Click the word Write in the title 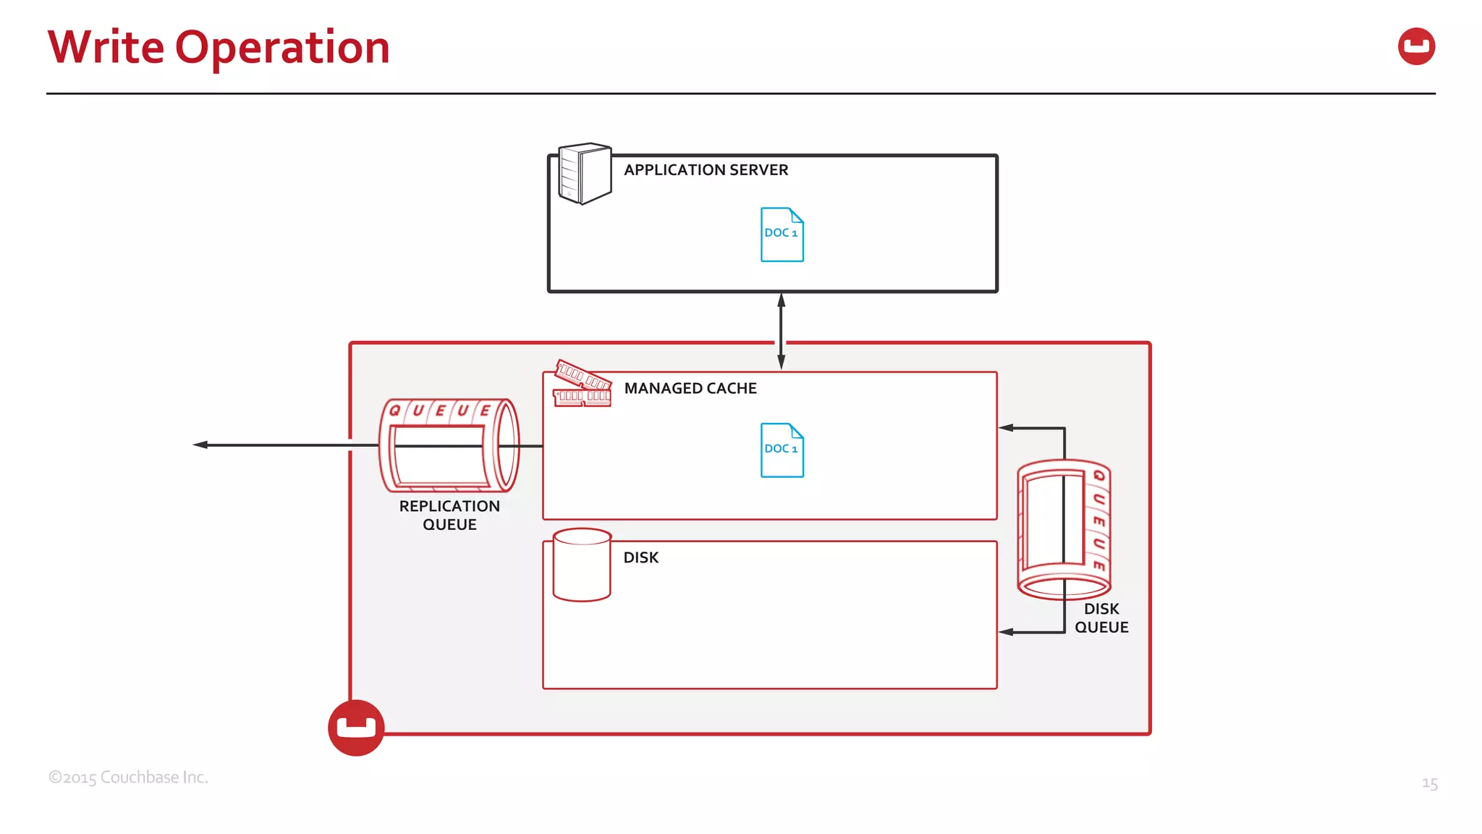(x=106, y=47)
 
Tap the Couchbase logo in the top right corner (x=1415, y=46)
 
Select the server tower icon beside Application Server (x=585, y=173)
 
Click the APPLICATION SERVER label (x=706, y=170)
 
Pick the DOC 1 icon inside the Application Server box (x=782, y=235)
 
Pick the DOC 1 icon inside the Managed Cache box (x=782, y=450)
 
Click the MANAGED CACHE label (x=690, y=389)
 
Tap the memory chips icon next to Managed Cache (x=583, y=384)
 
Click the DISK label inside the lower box (x=640, y=558)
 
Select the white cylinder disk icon (x=582, y=565)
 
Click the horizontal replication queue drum (x=449, y=446)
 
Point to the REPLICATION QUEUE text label (x=449, y=515)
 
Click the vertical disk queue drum (x=1063, y=529)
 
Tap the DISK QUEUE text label (x=1101, y=618)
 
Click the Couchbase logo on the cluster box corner (x=356, y=728)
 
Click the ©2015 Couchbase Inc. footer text (x=128, y=778)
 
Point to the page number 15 (x=1429, y=783)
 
